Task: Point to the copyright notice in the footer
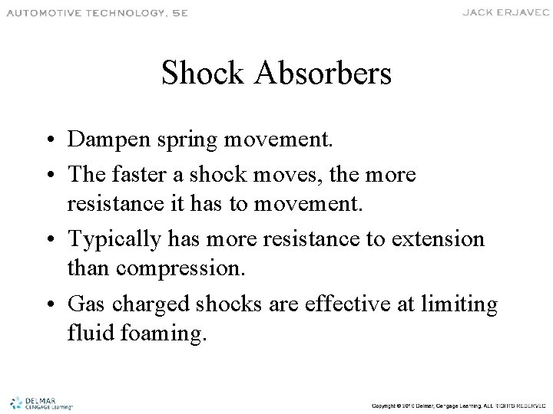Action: click(459, 405)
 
